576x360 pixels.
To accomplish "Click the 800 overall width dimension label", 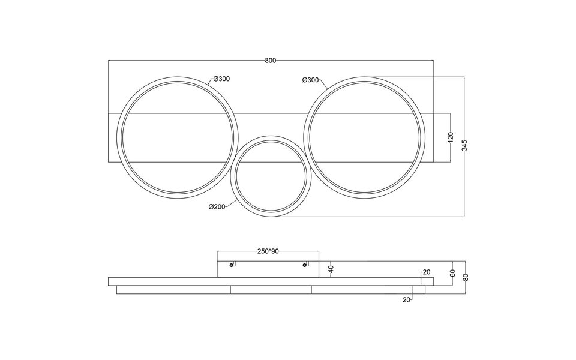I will point(270,60).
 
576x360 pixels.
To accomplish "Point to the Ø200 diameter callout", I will point(217,207).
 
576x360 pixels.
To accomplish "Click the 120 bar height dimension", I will point(451,137).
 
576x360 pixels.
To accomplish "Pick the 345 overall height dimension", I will point(465,146).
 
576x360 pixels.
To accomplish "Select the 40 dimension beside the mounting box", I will point(331,269).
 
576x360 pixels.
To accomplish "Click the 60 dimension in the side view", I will point(454,273).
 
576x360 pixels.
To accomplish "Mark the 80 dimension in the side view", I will point(466,277).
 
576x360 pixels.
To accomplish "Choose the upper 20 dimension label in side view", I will point(426,272).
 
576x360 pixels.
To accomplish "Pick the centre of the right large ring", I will point(365,137).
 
